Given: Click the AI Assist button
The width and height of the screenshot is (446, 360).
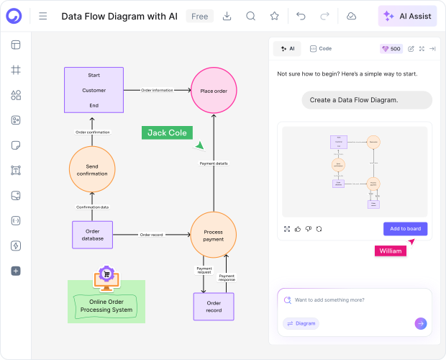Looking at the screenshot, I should tap(407, 16).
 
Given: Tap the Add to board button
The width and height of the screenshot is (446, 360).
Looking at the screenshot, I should tap(405, 228).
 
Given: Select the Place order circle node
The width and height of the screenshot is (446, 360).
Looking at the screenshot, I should tap(214, 91).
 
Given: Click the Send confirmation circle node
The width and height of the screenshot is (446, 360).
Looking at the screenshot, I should tap(92, 169).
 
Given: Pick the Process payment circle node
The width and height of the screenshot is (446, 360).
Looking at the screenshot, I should tap(214, 235).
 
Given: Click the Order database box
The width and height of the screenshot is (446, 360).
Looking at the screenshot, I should tap(92, 235).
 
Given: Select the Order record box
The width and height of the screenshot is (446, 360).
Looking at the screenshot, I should tap(214, 306).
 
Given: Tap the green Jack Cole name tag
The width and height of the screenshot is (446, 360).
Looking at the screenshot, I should tap(166, 132).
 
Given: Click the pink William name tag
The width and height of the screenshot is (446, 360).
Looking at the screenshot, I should tap(390, 251).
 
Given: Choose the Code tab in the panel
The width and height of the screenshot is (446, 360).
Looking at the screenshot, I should tap(321, 49).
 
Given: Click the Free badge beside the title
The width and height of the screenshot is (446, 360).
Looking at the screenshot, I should tap(199, 16).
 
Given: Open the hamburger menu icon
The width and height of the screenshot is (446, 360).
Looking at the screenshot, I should tap(43, 16).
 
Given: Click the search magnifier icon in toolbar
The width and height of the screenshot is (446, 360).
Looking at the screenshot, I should tap(250, 16).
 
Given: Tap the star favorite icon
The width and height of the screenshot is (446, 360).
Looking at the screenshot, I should tap(274, 16).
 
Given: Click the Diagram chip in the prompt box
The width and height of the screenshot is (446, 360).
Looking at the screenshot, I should tap(301, 323).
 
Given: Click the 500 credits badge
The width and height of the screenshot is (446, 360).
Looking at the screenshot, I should tap(391, 49).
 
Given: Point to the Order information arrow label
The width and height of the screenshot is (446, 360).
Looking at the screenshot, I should tap(157, 90).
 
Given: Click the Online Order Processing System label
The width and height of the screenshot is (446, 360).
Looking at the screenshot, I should tap(106, 305).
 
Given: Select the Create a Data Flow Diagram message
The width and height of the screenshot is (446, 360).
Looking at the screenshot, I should tap(367, 100).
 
